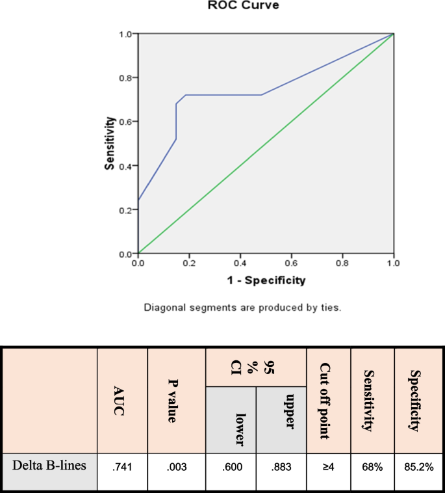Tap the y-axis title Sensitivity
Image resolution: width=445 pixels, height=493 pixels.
click(x=110, y=143)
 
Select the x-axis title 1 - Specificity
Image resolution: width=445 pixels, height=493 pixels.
click(x=266, y=282)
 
